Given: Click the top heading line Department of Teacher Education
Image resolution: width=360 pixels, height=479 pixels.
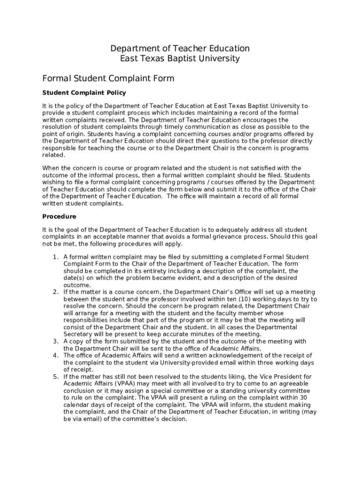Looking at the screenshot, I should [x=180, y=49].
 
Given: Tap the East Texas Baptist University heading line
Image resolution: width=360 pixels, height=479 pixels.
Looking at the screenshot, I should [x=180, y=59].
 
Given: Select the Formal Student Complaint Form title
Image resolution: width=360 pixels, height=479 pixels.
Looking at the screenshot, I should [x=108, y=78].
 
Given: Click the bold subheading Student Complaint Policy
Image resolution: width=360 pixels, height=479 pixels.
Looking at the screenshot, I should [x=84, y=93].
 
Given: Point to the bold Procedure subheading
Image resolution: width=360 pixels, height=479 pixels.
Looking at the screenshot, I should [x=59, y=217].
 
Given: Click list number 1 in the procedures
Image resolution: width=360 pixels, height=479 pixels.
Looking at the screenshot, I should [x=55, y=257].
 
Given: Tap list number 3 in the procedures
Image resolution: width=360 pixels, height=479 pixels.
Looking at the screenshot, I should [x=55, y=341].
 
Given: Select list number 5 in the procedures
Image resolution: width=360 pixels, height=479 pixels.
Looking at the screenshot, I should [x=55, y=377].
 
